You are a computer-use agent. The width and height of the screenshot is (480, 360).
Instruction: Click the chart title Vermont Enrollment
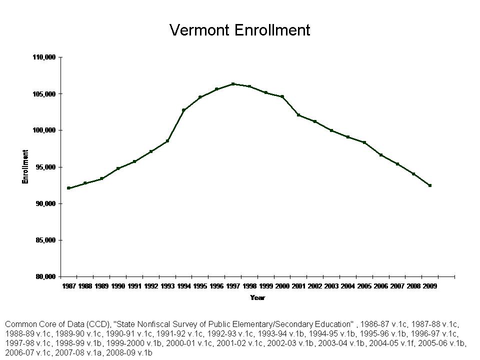click(240, 30)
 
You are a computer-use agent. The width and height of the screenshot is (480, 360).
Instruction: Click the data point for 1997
click(233, 84)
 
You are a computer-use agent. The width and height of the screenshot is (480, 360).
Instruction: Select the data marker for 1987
click(68, 188)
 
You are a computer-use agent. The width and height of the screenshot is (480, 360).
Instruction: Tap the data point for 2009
click(429, 185)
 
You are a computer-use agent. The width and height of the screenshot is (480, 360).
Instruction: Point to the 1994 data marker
click(183, 110)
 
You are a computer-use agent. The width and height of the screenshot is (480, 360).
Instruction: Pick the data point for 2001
click(298, 115)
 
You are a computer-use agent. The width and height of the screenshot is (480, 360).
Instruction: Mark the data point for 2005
click(364, 142)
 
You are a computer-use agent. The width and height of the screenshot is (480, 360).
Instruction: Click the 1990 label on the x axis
click(118, 286)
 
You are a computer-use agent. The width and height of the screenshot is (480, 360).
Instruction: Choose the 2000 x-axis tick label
click(282, 286)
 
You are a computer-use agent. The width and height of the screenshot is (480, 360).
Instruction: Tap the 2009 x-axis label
click(429, 286)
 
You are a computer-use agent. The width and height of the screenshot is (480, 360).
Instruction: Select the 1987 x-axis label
click(68, 286)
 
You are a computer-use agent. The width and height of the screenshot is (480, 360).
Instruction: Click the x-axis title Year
click(257, 298)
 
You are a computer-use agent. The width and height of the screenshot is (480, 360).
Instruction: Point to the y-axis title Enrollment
click(25, 167)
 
